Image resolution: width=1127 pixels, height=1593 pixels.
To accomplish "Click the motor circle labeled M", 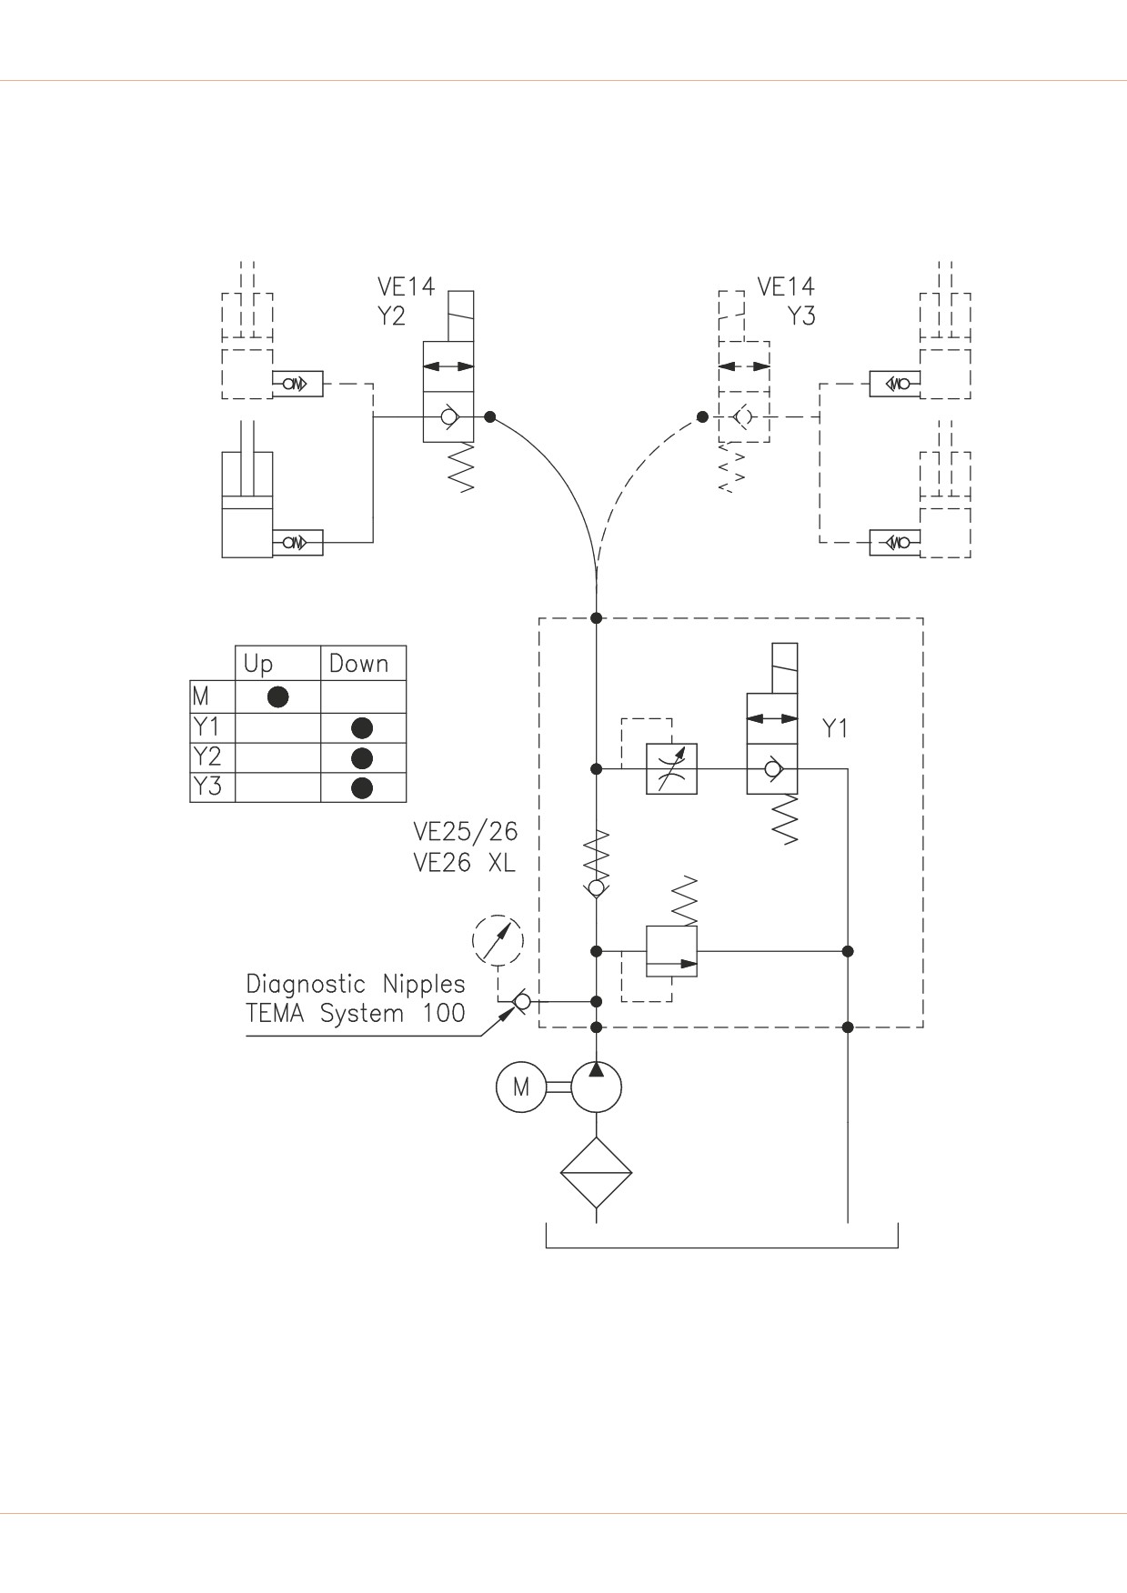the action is (520, 1087).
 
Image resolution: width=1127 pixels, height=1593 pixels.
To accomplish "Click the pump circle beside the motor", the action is (596, 1087).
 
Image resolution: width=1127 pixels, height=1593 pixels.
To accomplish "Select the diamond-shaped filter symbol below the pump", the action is (596, 1173).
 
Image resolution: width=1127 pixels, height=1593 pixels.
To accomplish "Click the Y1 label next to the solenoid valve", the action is (835, 728).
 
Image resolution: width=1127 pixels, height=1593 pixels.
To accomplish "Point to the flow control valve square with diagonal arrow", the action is (671, 769).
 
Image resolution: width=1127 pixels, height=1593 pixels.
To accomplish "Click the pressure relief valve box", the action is (671, 951).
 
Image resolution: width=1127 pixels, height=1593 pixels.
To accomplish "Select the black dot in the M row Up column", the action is (278, 696).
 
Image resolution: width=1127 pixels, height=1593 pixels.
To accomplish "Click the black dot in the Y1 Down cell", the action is (362, 727).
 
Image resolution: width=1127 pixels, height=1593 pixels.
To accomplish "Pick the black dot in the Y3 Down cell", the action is (362, 787).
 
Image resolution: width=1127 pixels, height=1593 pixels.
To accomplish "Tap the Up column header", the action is (258, 665).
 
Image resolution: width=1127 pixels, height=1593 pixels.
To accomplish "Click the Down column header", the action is (359, 664).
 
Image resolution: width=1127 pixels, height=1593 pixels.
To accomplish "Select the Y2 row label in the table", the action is (207, 756).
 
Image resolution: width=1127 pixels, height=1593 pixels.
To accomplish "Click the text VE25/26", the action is (466, 832).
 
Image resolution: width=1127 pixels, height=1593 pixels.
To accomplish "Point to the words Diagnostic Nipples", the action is (356, 985).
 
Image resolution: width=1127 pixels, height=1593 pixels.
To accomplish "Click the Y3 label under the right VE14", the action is (801, 316).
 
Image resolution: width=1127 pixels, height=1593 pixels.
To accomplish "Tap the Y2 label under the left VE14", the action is (391, 316).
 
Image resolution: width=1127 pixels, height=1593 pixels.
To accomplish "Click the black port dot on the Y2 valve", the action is (490, 417).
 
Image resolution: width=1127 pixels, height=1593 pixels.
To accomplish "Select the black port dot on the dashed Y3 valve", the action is (702, 417).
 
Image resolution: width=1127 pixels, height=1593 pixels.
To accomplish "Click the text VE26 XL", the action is (464, 863).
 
